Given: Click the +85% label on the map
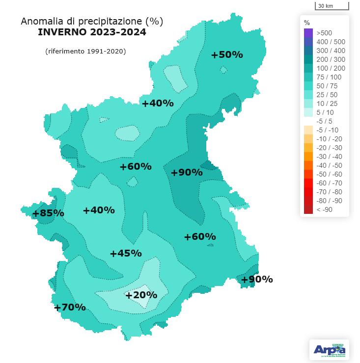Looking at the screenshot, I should tap(48, 213).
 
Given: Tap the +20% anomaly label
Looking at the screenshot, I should tap(141, 295).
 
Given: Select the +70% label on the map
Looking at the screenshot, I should tap(70, 308).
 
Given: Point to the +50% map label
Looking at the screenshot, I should tap(227, 55).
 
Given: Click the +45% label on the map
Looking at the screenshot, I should tap(126, 254).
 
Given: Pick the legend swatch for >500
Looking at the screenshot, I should tap(308, 33).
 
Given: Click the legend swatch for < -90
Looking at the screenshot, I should tap(308, 209).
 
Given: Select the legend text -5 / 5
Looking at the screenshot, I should tap(324, 121).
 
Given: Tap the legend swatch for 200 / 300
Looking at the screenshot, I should tap(308, 59).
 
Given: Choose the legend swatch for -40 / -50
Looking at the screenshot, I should tap(308, 165).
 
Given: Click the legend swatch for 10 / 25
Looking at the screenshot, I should tap(308, 104).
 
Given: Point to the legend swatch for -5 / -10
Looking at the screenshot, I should tap(308, 130).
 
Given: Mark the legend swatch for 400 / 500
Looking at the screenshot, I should tap(308, 42).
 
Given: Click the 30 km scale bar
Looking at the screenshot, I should tap(332, 6).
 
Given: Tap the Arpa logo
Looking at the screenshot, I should tap(329, 349).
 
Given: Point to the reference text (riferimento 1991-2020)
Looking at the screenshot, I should tap(85, 51).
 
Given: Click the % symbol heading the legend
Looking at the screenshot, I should tap(307, 23).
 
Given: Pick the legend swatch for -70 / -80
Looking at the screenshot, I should tap(308, 192).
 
